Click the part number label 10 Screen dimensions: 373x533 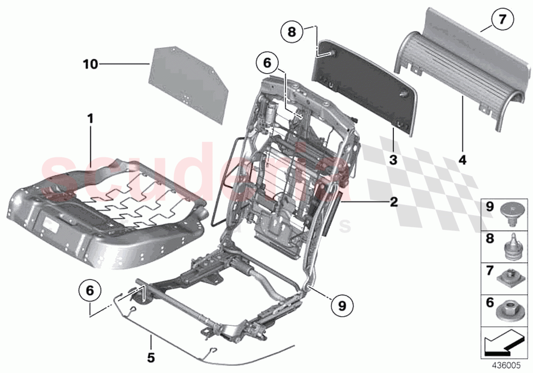(x=90, y=64)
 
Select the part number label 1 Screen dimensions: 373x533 (x=90, y=120)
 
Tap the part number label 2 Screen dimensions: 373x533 (x=393, y=202)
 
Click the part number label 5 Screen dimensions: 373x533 (x=151, y=357)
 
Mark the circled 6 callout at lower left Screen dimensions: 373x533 (x=90, y=291)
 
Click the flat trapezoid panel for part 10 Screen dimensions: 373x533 (x=188, y=84)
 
